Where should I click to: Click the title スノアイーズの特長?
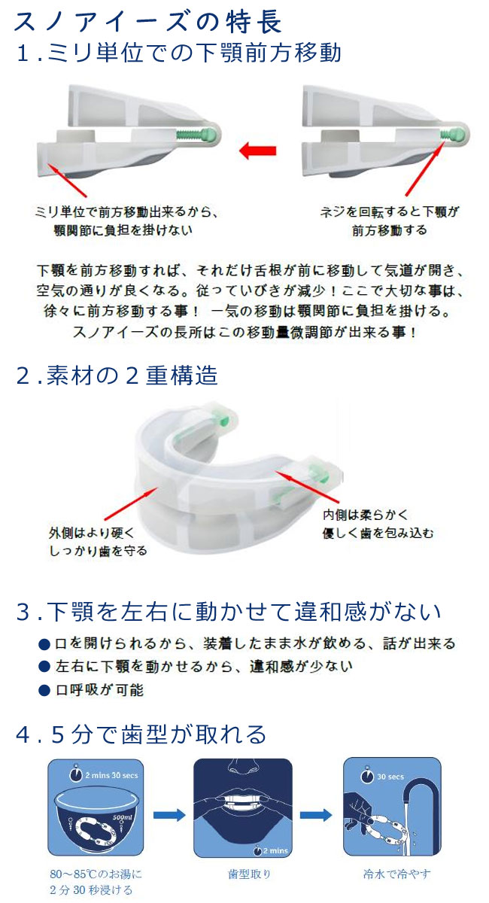[147, 21]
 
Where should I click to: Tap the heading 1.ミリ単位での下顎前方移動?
[178, 53]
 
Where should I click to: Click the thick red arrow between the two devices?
[257, 150]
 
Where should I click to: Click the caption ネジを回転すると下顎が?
[389, 212]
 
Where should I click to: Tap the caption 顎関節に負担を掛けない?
[123, 230]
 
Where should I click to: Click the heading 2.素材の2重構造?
[117, 375]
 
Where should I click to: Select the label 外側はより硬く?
[91, 533]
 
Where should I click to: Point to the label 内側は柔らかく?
[365, 515]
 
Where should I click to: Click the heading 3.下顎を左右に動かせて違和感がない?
[228, 612]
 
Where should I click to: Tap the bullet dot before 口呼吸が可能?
[44, 691]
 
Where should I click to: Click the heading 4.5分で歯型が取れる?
[141, 733]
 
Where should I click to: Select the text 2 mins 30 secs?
[111, 775]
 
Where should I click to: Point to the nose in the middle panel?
[243, 766]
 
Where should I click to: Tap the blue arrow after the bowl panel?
[169, 815]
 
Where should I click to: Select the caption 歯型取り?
[249, 874]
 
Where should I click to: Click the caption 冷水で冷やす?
[396, 874]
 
